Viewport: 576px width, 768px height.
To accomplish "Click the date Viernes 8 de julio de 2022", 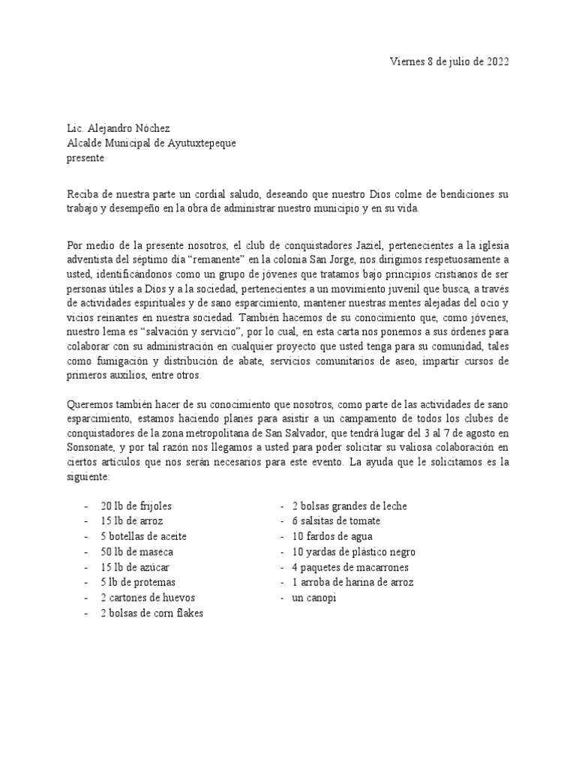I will coord(450,62).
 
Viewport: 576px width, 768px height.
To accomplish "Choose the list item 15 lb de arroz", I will coord(132,521).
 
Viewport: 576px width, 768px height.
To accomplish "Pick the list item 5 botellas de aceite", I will coord(143,536).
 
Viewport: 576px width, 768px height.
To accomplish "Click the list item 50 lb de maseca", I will coord(136,552).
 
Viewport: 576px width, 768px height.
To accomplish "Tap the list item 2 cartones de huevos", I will coord(146,598).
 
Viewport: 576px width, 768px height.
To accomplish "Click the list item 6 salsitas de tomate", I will coord(336,521).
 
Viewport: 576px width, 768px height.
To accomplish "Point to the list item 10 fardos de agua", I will coord(331,536).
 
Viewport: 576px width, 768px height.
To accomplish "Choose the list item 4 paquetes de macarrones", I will coord(350,567).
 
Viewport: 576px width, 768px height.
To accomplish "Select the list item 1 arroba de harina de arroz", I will coord(352,583).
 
